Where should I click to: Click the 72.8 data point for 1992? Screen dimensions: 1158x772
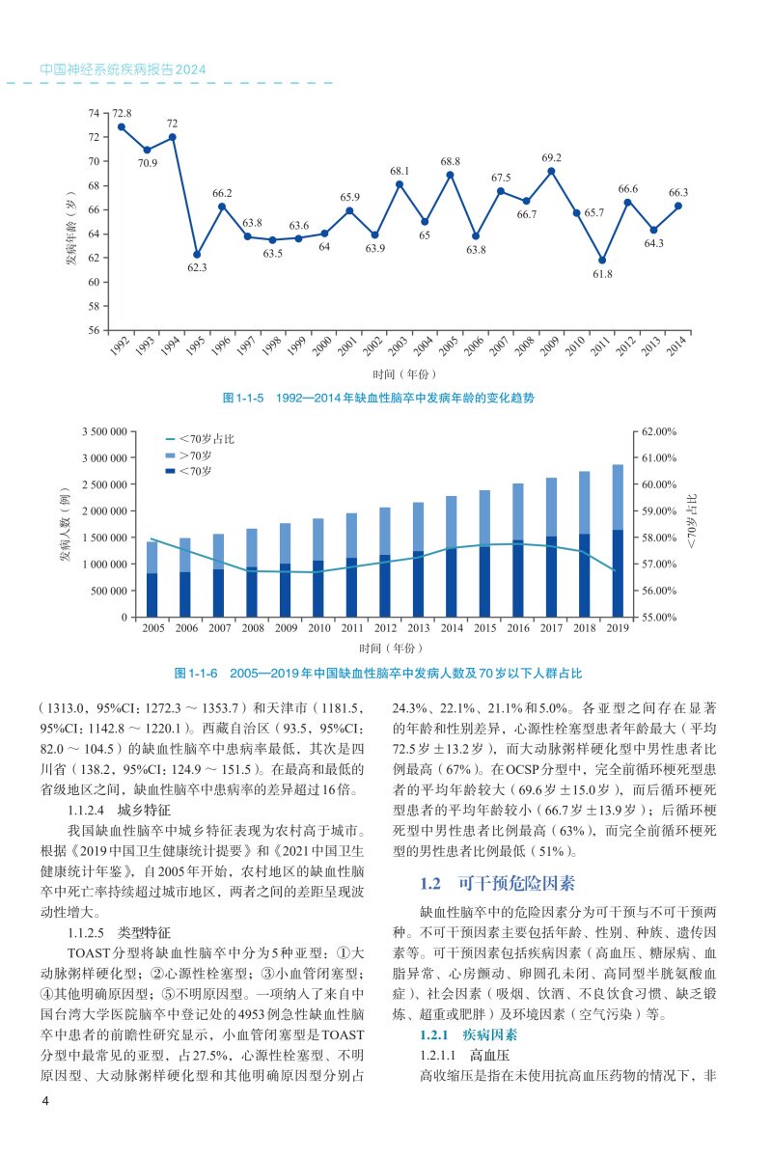pos(122,126)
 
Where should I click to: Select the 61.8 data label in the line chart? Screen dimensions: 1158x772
pos(602,275)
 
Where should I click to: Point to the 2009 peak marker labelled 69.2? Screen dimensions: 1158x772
pos(551,172)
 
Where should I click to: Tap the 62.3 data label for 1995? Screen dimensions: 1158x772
pos(197,267)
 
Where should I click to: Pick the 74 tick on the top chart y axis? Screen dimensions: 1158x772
pos(93,113)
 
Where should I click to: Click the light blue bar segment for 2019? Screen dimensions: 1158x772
pos(618,497)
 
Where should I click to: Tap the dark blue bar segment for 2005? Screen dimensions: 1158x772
pos(152,594)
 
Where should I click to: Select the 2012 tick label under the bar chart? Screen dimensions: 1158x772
pos(384,628)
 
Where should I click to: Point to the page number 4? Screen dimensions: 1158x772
pos(44,1102)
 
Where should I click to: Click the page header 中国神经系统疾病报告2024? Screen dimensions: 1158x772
pos(123,70)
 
